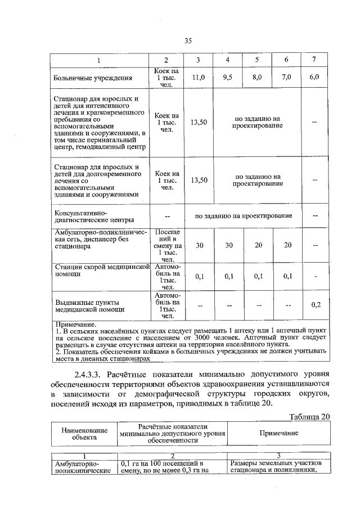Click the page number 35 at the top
pos(188,40)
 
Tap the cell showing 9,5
pos(228,78)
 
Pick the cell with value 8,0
pos(257,78)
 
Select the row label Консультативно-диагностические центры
pos(93,216)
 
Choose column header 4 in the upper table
pos(228,60)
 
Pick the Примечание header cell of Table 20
pos(278,433)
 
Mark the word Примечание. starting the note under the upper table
pos(75,325)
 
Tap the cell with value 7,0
pos(286,78)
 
